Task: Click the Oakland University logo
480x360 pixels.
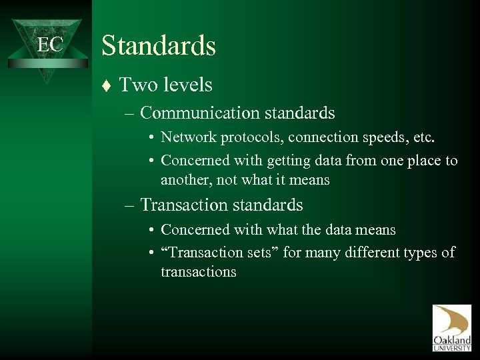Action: tap(451, 327)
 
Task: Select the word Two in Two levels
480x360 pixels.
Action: tap(136, 85)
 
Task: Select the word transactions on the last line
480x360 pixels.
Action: tap(198, 272)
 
